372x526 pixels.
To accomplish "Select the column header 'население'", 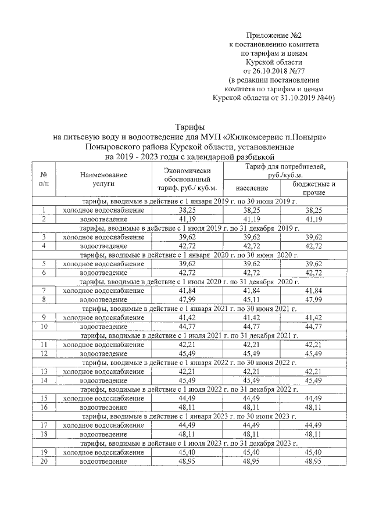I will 252,188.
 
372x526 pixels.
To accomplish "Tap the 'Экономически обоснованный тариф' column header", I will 187,178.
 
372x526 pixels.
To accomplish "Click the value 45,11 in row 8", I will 252,300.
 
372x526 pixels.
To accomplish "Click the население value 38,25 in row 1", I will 252,210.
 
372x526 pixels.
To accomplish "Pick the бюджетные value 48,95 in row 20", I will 314,461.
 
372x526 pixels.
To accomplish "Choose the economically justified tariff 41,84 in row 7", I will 187,291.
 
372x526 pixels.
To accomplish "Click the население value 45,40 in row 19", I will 252,452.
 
